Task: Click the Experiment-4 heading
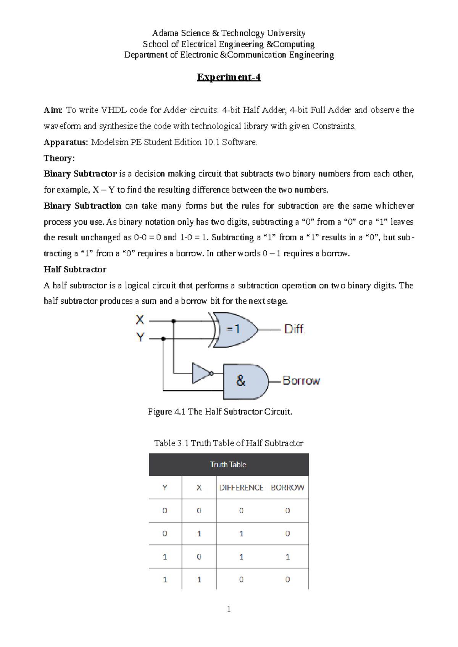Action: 229,77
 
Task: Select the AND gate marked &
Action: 244,381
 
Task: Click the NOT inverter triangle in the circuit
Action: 201,373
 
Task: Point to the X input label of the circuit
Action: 140,320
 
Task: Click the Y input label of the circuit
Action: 140,337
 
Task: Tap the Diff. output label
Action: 295,329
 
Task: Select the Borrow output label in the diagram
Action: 301,381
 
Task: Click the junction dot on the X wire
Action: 174,321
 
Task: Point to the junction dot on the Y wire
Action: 163,339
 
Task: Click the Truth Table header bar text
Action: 228,465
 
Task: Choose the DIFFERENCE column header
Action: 241,488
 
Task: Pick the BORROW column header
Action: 287,488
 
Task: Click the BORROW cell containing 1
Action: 287,557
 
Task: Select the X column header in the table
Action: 199,488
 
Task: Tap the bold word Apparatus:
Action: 66,142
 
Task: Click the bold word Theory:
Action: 59,158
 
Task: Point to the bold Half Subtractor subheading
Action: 75,270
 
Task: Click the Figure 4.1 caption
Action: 220,412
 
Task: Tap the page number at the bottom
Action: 229,610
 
